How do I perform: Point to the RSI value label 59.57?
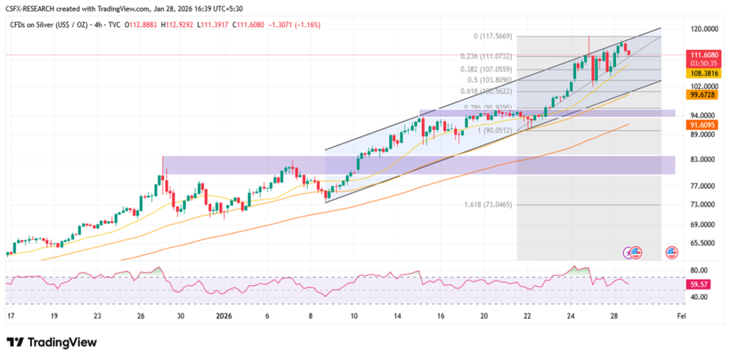click(x=699, y=284)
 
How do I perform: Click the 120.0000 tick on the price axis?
click(x=699, y=29)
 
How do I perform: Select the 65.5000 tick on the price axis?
click(x=699, y=242)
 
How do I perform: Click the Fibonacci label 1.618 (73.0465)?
click(x=487, y=204)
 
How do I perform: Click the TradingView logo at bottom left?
click(x=51, y=342)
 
